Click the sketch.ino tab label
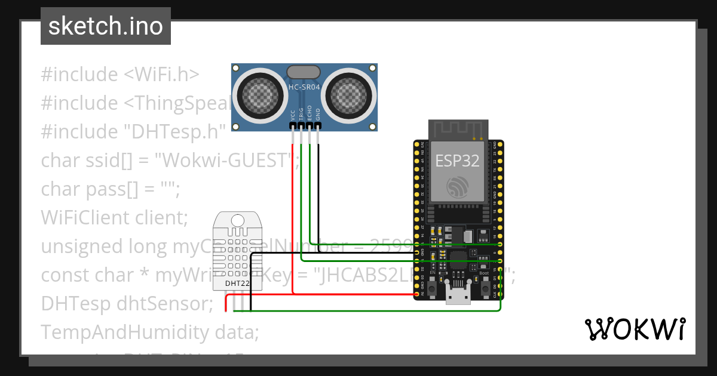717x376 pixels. [105, 26]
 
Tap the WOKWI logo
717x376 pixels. [635, 329]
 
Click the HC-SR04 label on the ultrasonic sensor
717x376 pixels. [304, 87]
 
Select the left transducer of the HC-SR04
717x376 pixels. [259, 94]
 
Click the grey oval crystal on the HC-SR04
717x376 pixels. [304, 72]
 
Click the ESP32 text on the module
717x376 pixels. [457, 161]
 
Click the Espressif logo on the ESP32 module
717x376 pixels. [458, 187]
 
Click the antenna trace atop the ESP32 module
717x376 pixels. [457, 131]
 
